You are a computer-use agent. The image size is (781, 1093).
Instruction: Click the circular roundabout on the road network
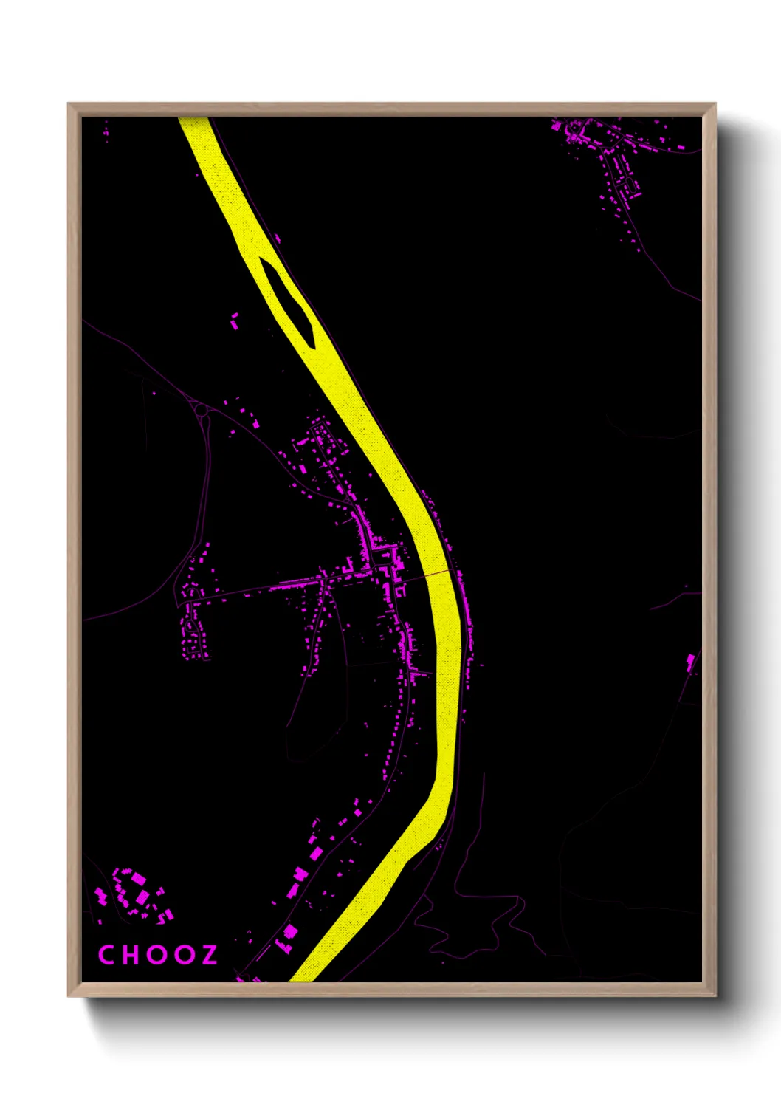coord(200,408)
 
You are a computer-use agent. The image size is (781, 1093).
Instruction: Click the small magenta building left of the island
coord(235,321)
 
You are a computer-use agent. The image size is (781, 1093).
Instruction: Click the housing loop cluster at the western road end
coord(193,628)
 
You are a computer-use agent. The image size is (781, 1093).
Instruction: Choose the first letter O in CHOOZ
coord(157,954)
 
